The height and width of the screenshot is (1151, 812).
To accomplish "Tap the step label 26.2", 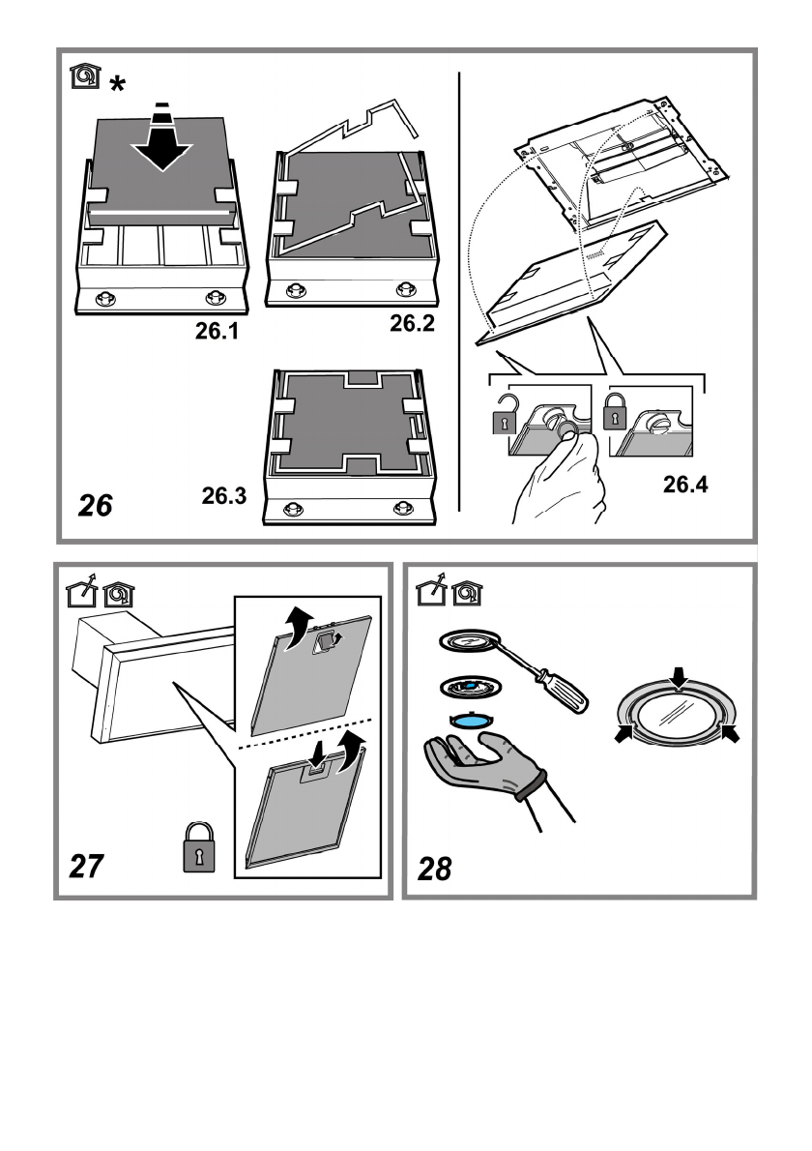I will point(413,324).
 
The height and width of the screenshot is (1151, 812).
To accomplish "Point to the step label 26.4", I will point(684,486).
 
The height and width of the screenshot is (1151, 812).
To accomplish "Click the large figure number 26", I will point(96,505).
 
